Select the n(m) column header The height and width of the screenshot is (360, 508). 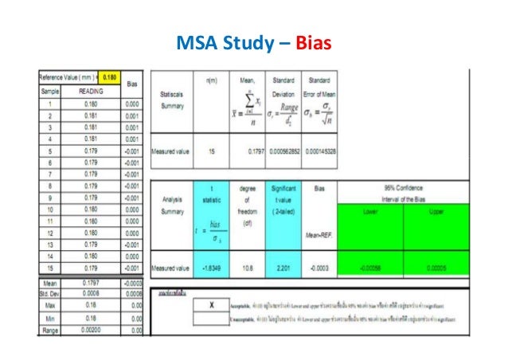point(212,81)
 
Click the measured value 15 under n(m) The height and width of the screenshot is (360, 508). point(211,151)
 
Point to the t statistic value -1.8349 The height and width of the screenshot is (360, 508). point(211,268)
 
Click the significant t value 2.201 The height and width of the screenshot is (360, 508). point(283,268)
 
